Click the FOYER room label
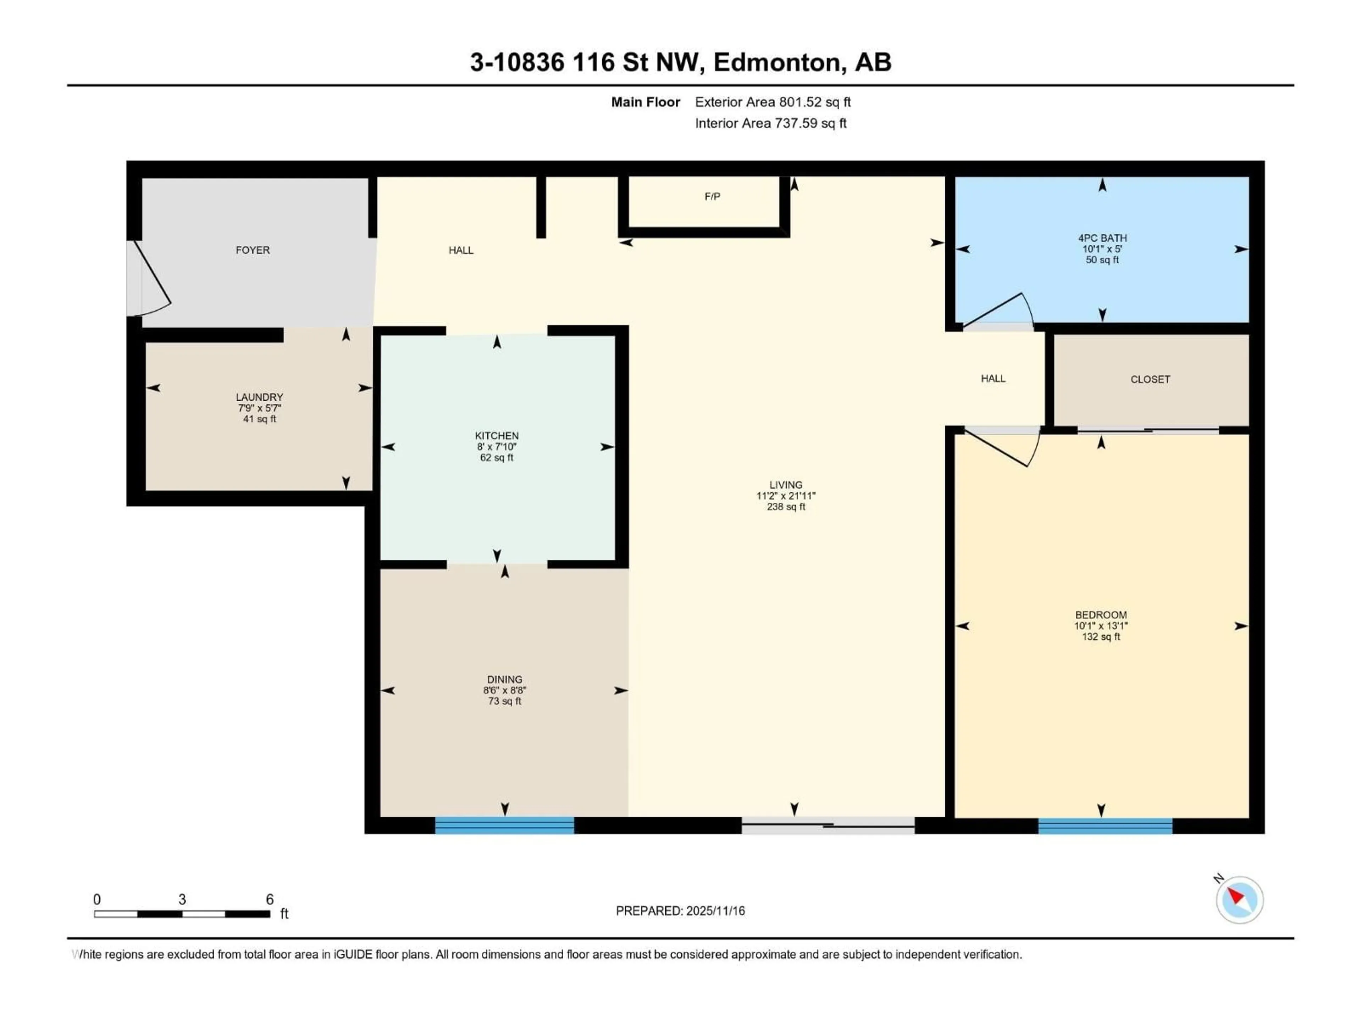coord(253,250)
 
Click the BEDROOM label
coord(1101,615)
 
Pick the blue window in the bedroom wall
coord(1105,825)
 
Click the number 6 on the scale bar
coord(270,899)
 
